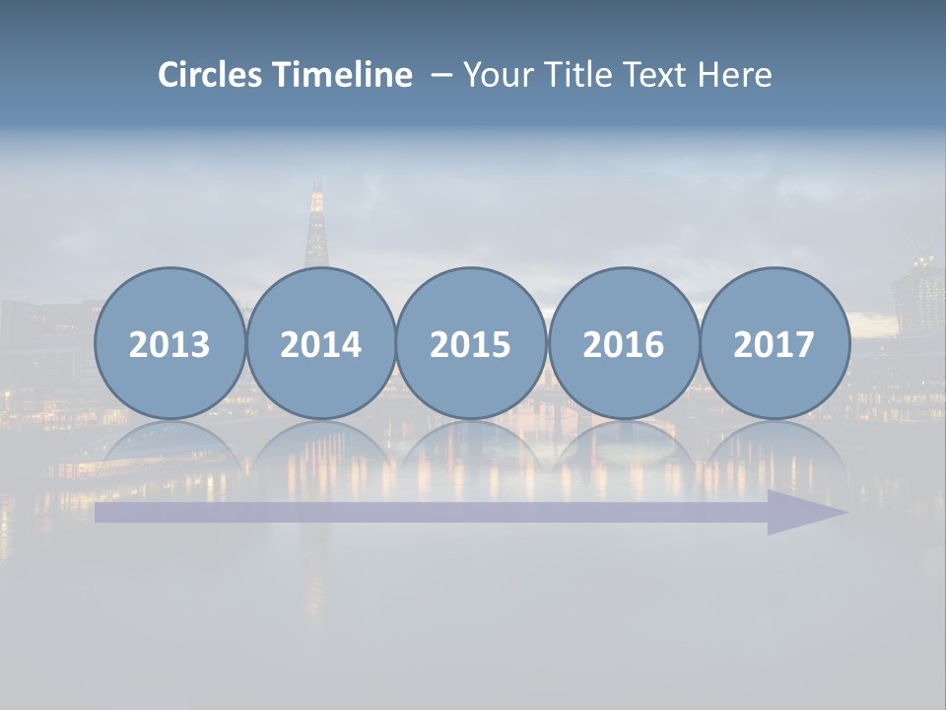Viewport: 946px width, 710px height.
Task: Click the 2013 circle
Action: coord(169,343)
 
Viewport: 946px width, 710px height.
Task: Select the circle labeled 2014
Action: coord(320,343)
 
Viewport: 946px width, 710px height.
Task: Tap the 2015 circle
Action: coord(471,343)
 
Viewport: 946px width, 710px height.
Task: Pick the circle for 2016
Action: coord(623,343)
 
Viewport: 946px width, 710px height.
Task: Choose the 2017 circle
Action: coord(775,343)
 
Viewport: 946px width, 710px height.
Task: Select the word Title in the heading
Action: coord(571,75)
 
